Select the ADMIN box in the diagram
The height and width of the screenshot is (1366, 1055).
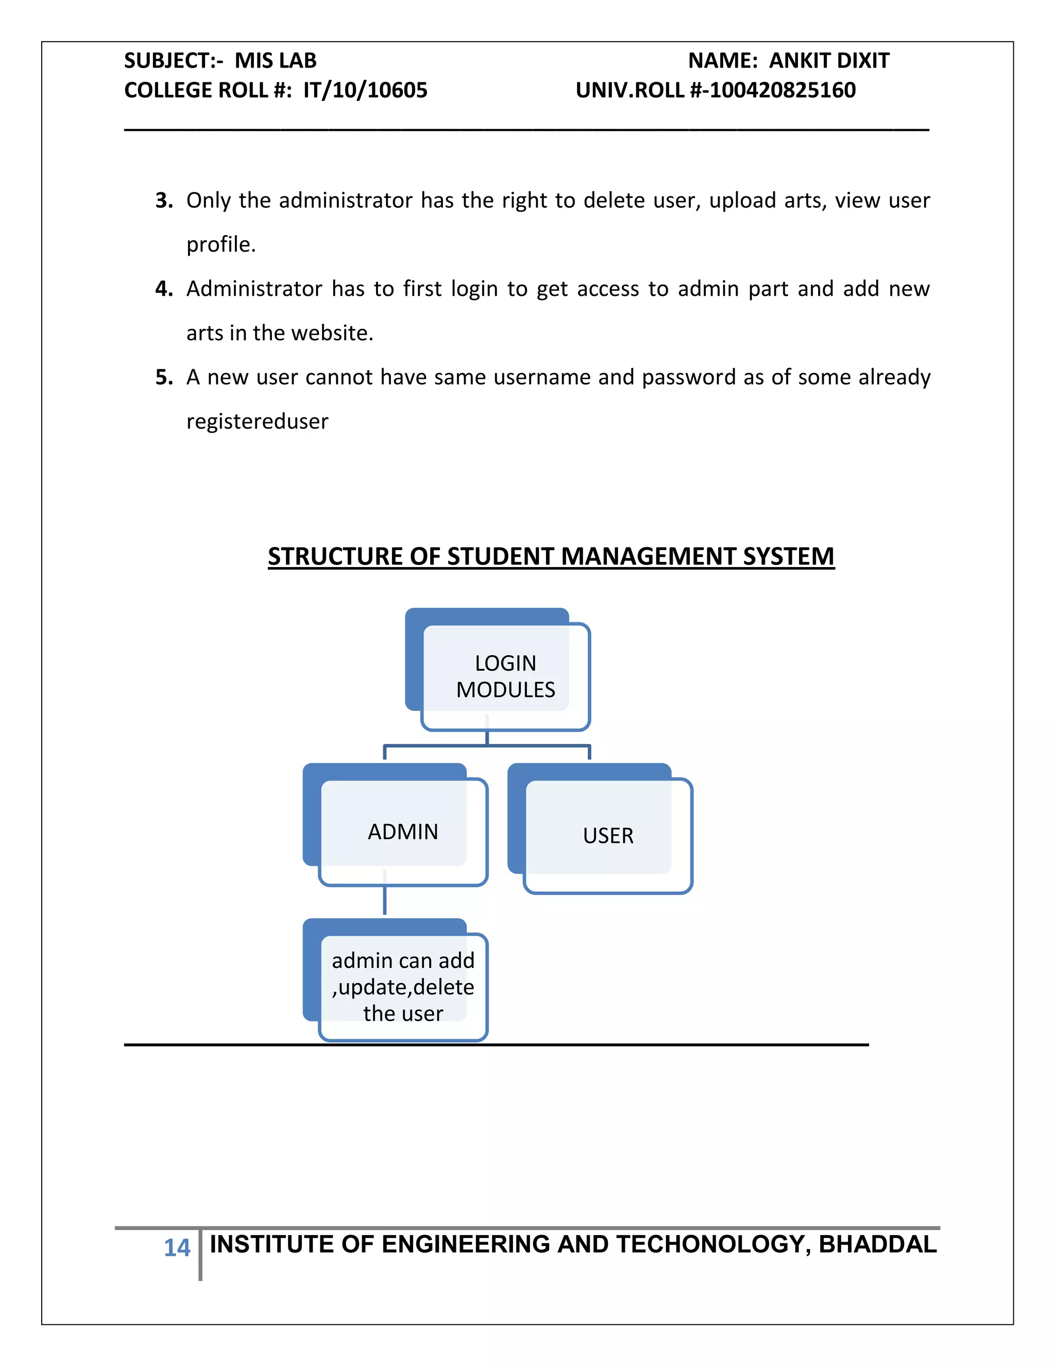[403, 831]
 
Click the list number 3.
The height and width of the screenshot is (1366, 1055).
[164, 201]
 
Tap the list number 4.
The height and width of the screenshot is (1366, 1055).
[164, 289]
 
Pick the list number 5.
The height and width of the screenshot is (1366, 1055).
[164, 377]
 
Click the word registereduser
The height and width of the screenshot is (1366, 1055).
[257, 422]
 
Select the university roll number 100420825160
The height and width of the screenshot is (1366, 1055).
[782, 90]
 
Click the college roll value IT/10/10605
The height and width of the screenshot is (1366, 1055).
[365, 90]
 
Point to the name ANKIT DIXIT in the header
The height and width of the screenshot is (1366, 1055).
[829, 61]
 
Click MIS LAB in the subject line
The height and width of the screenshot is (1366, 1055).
[275, 61]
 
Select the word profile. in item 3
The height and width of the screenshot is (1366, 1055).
[221, 244]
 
